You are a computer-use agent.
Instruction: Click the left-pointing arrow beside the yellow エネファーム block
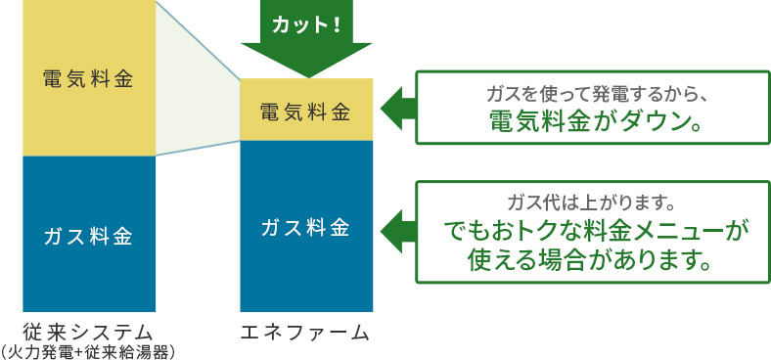click(x=396, y=108)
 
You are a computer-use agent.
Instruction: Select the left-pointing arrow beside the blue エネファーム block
click(x=396, y=227)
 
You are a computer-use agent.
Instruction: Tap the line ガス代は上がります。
click(x=593, y=203)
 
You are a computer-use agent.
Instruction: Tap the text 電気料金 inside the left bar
click(x=88, y=78)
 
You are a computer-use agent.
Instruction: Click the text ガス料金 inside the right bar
click(x=305, y=228)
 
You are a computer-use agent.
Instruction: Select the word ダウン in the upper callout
click(x=652, y=121)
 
